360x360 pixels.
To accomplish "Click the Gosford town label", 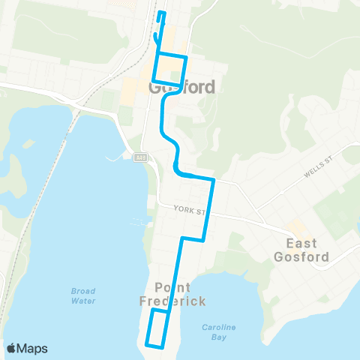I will (x=182, y=87).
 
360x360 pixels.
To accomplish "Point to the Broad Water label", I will (x=83, y=295).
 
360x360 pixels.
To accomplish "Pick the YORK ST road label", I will (x=188, y=210).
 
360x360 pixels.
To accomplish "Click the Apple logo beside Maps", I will (x=12, y=348).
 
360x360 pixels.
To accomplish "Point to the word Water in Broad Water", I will (x=83, y=301).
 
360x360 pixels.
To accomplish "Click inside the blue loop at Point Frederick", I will (x=157, y=328).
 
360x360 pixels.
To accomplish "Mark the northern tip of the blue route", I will (x=161, y=13).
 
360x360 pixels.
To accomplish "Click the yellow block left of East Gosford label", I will (x=298, y=227).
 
